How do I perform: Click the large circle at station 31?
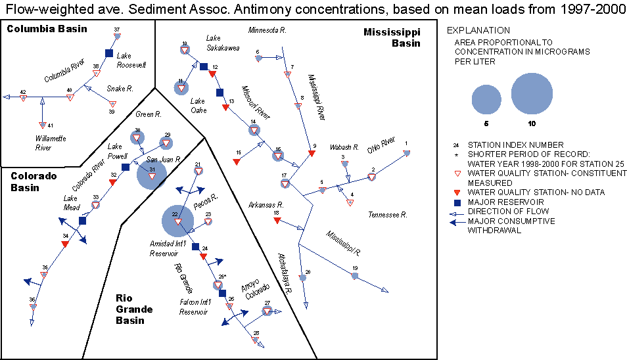coord(152,175)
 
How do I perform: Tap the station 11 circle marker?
coord(181,87)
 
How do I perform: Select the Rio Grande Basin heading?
coord(135,309)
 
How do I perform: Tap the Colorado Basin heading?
coord(33,181)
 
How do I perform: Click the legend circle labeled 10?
coord(532,93)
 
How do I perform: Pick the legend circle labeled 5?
coord(486,100)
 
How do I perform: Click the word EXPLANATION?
coord(478,30)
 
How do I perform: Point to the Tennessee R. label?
coord(388,215)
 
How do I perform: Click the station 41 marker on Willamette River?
coord(42,125)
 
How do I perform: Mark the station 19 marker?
coord(354,276)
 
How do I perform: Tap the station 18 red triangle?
coord(277,221)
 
